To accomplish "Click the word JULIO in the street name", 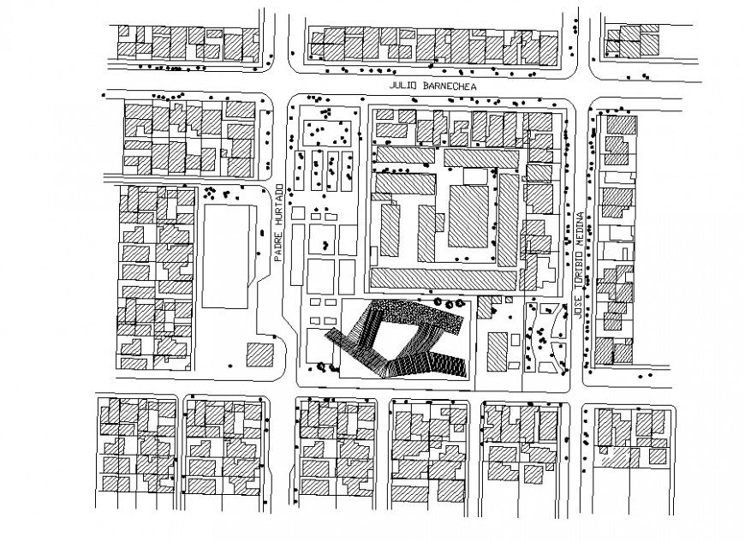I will coord(404,87).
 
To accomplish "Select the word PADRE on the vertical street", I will coord(279,247).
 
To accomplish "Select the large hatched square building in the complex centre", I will coord(468,214).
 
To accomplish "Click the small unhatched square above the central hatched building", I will coord(474,176).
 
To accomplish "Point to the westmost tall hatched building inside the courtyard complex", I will coord(390,229).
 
